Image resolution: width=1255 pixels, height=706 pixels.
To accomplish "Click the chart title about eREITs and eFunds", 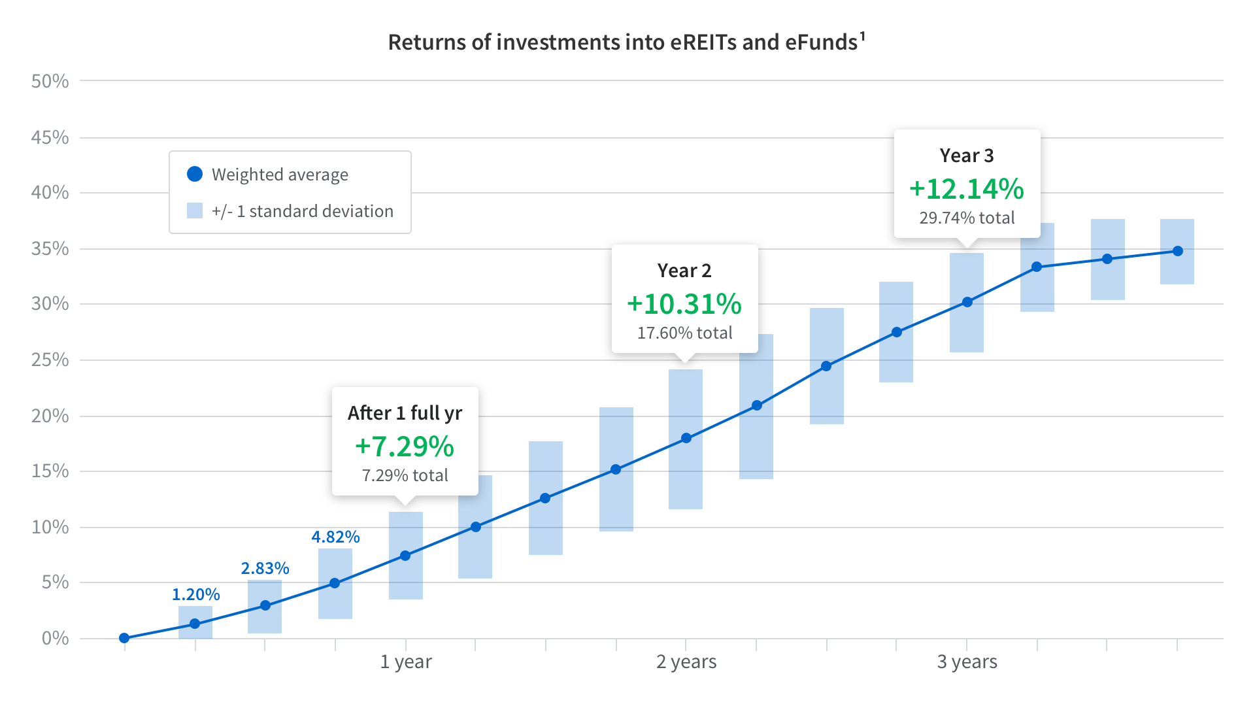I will [626, 42].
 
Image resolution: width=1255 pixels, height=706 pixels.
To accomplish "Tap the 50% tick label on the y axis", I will [50, 81].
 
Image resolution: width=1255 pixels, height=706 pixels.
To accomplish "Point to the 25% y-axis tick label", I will [50, 360].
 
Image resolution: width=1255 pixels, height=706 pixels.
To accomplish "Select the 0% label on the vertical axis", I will [55, 638].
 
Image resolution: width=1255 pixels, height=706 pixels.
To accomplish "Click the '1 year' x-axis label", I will [406, 662].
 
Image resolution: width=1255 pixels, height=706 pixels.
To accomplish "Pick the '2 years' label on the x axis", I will [686, 662].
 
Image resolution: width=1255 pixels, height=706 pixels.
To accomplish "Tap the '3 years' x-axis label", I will [967, 662].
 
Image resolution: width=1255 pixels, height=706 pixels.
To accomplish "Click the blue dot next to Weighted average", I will [195, 174].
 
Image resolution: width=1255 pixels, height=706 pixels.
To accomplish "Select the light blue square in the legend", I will [195, 210].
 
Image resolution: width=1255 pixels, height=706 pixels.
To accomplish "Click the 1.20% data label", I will [195, 594].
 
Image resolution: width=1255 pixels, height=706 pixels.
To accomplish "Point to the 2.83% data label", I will [265, 568].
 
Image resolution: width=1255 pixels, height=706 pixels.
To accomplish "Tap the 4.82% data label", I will [335, 537].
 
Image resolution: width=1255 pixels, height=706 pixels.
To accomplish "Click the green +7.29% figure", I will [405, 446].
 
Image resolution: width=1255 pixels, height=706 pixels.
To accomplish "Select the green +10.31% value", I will [684, 304].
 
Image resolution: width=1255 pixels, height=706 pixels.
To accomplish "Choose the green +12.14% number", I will [967, 189].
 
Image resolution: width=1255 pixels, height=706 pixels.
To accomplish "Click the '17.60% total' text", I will [684, 333].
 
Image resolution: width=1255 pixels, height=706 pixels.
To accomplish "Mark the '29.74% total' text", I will [967, 218].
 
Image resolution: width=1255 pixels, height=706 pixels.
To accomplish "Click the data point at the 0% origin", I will [124, 638].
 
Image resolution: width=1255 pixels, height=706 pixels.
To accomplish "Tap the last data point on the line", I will [1177, 251].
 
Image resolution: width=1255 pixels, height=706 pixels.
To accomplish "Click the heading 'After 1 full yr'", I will [405, 413].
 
